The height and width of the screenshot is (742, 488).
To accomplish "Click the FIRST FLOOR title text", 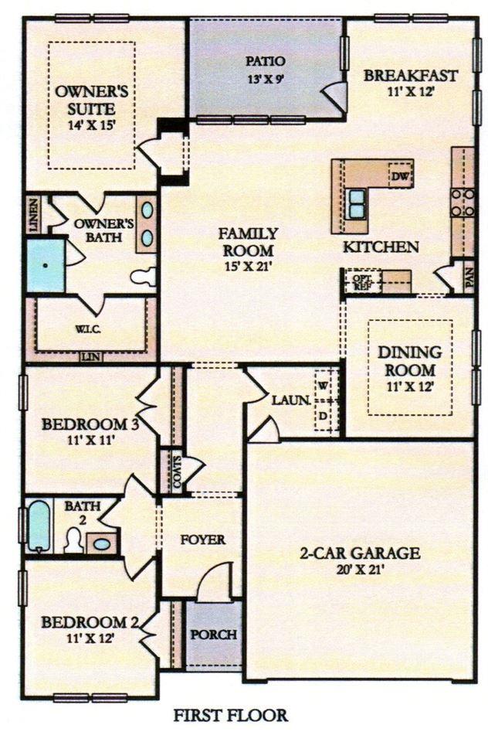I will (230, 716).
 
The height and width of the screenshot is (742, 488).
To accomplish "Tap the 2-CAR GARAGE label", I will (360, 553).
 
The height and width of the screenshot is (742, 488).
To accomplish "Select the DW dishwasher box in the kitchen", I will (399, 176).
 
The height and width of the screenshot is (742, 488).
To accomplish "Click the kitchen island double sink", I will (357, 203).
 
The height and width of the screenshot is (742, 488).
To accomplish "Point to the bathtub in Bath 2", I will (39, 526).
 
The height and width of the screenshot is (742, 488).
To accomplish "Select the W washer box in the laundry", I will (323, 384).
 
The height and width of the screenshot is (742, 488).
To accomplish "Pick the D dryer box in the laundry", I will (323, 417).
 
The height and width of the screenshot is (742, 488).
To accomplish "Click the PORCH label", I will (213, 635).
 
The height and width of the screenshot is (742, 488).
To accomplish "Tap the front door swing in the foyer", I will (216, 581).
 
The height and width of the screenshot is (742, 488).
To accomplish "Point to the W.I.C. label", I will (85, 327).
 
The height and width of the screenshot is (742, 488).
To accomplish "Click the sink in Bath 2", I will (101, 543).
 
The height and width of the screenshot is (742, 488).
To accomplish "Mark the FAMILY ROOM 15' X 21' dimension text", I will (247, 267).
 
